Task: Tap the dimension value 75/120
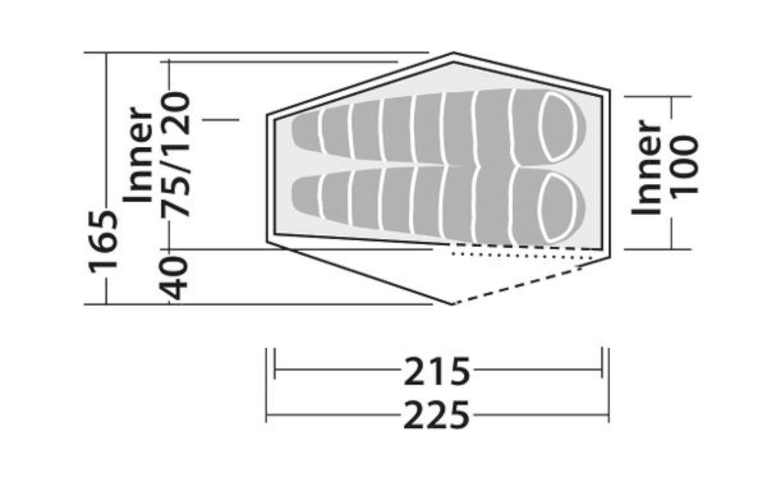(x=175, y=155)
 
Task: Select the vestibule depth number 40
(x=175, y=278)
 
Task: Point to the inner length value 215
(x=437, y=371)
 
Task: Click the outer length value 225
(x=437, y=416)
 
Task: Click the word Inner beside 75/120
(x=138, y=155)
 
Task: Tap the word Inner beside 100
(x=645, y=168)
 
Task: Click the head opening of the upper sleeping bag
(x=557, y=127)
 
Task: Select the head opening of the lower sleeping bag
(x=557, y=208)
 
